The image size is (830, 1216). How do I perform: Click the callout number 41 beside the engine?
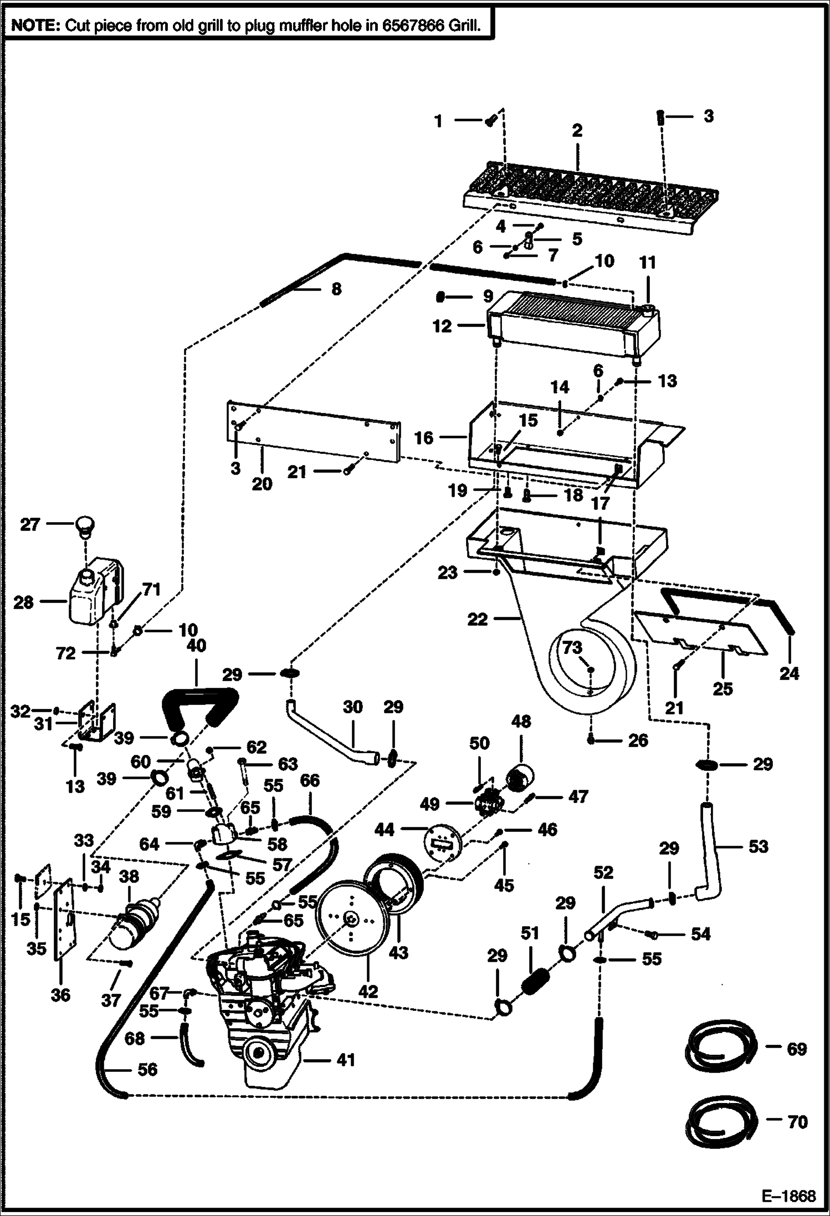(346, 1060)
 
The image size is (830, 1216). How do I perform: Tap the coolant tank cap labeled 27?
(85, 524)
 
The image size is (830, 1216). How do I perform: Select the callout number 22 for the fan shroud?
(477, 619)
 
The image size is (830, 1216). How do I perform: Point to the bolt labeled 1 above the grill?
(490, 121)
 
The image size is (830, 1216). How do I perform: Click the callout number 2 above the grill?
(577, 131)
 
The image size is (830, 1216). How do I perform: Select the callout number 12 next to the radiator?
(442, 326)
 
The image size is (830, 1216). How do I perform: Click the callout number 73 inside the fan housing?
(573, 647)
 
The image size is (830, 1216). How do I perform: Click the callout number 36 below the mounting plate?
(60, 994)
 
